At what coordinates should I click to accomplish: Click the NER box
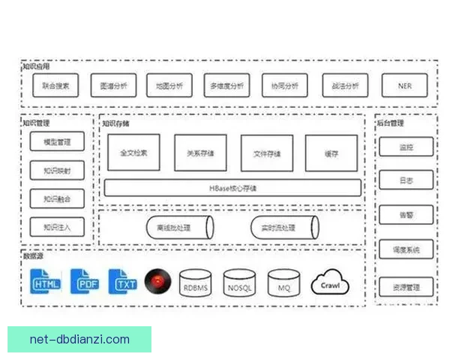coord(404,85)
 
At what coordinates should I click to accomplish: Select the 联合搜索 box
coord(56,85)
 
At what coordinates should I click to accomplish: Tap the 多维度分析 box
coord(227,85)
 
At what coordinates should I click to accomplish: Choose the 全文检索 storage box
coord(134,153)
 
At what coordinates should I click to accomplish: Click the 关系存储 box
coord(200,153)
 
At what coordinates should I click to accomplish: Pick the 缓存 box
coord(331,153)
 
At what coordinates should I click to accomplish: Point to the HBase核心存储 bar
coord(232,187)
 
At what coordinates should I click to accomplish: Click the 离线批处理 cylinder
coord(178,227)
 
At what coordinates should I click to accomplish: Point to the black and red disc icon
coord(158,281)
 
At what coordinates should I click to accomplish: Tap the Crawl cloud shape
coord(331,283)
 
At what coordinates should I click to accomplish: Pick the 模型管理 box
coord(57,142)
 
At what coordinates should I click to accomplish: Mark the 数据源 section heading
coord(33,256)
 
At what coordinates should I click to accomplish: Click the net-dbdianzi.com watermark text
coord(79,339)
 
